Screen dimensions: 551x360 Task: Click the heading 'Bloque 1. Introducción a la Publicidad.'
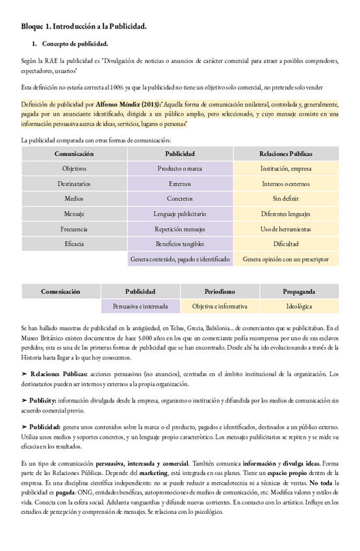click(83, 27)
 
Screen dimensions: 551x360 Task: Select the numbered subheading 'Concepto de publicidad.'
click(75, 44)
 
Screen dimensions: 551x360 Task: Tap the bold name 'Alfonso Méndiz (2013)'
click(127, 103)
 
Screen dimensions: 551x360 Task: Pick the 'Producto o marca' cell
click(179, 168)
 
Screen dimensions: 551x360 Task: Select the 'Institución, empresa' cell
click(285, 168)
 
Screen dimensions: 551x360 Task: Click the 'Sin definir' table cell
click(285, 198)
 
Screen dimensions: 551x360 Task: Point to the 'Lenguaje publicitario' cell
click(179, 213)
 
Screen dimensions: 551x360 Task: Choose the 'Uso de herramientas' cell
click(285, 229)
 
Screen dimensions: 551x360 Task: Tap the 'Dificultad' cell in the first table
click(285, 244)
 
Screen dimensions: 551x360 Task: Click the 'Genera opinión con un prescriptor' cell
click(285, 259)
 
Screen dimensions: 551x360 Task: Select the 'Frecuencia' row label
click(74, 229)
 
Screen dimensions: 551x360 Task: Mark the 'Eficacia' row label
click(74, 244)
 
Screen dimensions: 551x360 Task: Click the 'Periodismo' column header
click(220, 292)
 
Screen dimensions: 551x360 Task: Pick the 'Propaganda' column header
click(299, 292)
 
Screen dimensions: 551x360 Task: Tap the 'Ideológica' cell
click(299, 306)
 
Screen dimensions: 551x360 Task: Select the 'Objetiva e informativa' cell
click(220, 306)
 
